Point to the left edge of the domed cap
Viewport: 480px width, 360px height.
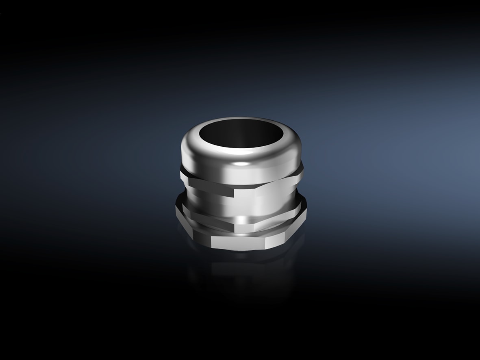[x=182, y=150]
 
